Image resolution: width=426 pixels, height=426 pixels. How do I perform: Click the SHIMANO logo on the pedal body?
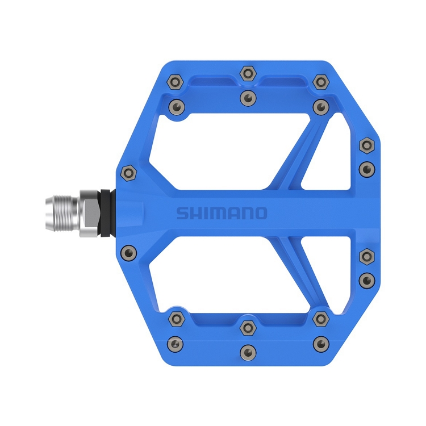coord(221,213)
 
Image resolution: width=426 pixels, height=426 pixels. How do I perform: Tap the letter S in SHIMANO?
coord(181,214)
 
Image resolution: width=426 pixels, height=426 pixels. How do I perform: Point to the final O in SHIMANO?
coord(260,213)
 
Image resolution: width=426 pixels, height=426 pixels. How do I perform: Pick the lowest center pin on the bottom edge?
coord(248,351)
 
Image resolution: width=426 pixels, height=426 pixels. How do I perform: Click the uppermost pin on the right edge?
coord(366,146)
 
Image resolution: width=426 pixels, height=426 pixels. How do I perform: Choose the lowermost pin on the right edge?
coord(366,279)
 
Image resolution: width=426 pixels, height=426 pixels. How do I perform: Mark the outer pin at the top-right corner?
coord(321,83)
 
